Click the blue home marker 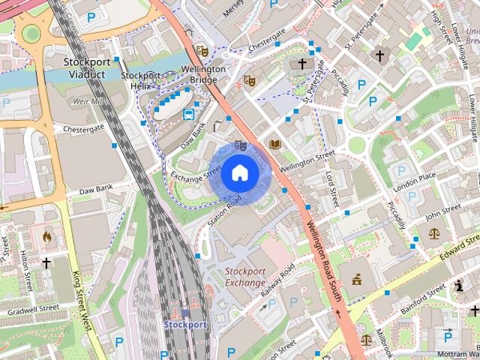tap(239, 173)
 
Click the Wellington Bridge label tap(203, 74)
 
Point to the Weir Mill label tap(89, 101)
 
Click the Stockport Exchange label tap(245, 277)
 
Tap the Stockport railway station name tap(185, 325)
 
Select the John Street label tap(442, 212)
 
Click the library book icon tap(274, 144)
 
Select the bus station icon tap(188, 115)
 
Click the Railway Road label tap(277, 284)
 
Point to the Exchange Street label tap(196, 173)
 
